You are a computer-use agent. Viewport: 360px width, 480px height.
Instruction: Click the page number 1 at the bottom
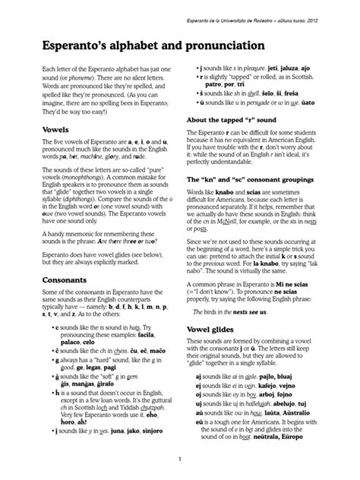tap(180, 459)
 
